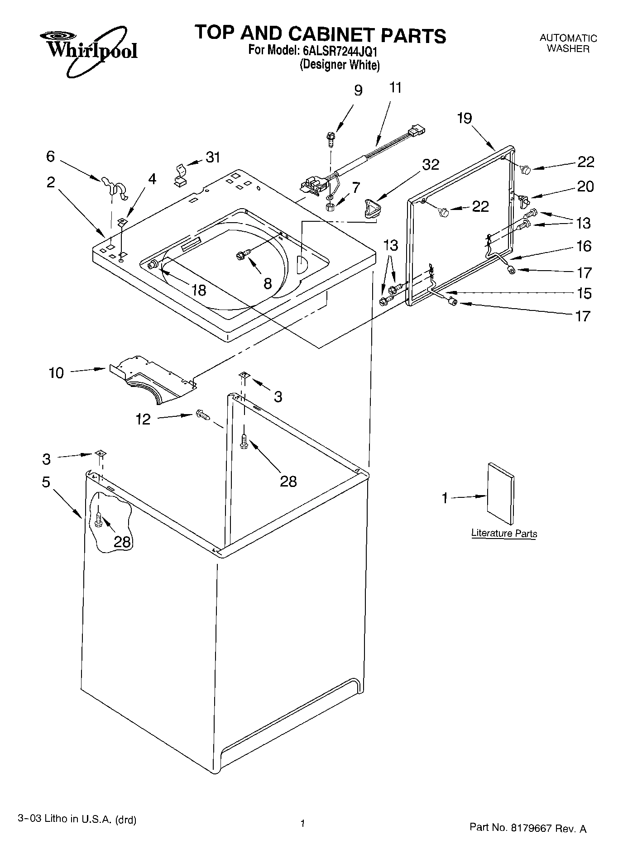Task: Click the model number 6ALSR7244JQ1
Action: point(339,51)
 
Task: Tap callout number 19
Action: point(464,119)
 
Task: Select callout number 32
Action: point(431,165)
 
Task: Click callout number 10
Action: point(57,373)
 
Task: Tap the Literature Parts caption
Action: point(504,533)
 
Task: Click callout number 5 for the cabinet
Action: point(46,482)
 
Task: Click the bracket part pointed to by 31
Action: point(180,176)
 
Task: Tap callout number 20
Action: point(585,186)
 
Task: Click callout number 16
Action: point(584,246)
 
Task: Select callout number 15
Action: point(584,293)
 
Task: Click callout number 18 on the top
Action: point(198,290)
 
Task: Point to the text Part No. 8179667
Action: point(527,827)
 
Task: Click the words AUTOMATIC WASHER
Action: point(568,43)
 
